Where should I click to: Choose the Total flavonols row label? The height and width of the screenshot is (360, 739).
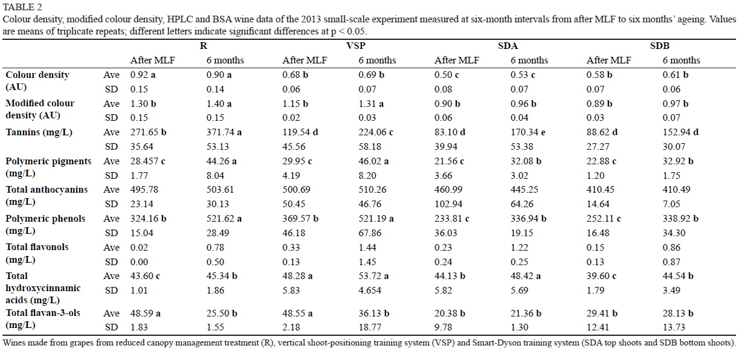coord(37,247)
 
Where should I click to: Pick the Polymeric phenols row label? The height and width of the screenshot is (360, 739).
coord(45,218)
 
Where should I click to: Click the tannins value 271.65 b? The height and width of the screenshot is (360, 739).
coord(150,132)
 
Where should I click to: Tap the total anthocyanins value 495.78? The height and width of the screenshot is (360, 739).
coord(146,190)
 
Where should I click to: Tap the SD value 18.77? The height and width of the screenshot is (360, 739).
coord(370,327)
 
